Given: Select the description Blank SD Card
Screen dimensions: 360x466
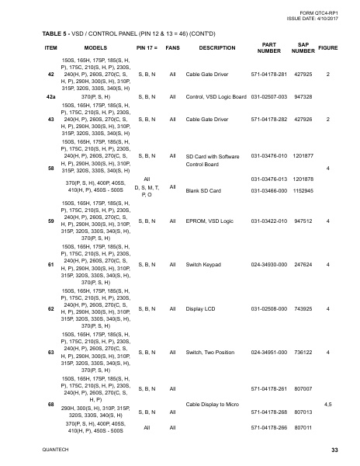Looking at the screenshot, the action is pos(205,190).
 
